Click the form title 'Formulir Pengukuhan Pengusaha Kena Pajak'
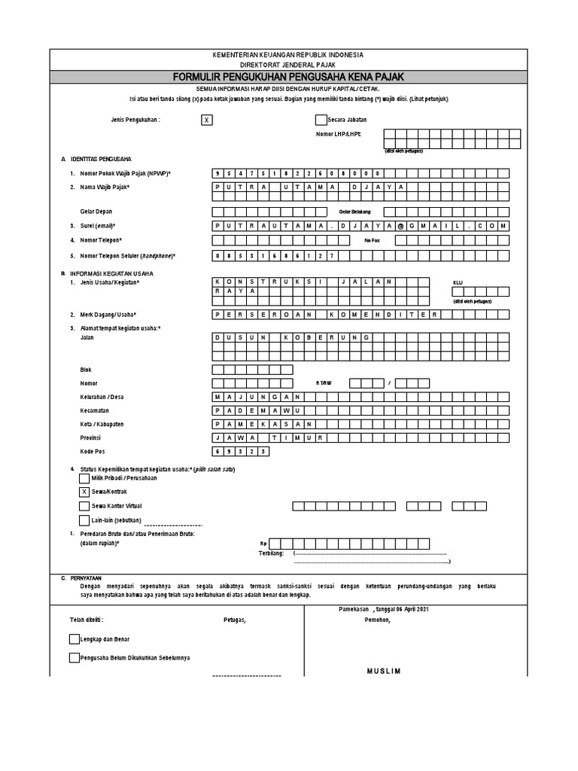[289, 78]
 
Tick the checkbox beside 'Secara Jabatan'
[321, 120]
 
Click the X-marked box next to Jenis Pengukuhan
[208, 120]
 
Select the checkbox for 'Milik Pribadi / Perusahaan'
[84, 478]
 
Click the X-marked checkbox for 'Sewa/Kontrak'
[84, 492]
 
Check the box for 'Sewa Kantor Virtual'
[84, 506]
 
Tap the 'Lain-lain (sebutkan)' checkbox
[84, 520]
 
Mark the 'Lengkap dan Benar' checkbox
[74, 638]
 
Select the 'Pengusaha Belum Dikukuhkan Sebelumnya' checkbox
[74, 657]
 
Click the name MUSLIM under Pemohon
[384, 671]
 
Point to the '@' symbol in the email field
[401, 226]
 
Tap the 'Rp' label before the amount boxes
[263, 543]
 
